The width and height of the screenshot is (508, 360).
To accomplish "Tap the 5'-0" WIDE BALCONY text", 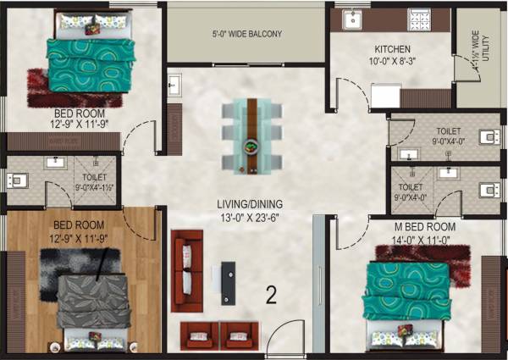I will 246,35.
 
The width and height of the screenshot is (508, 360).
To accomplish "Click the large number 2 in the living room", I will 272,295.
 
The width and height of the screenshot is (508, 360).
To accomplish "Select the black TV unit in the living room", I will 229,283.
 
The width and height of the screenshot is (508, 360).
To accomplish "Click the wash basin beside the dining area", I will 174,85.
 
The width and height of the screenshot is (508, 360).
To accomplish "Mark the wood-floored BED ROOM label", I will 79,225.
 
